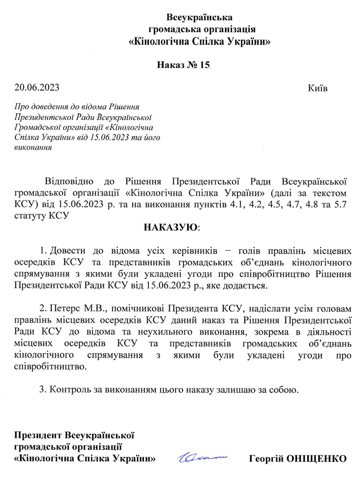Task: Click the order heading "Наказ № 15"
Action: (183, 65)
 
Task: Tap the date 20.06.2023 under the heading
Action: (36, 87)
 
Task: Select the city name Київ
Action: (318, 87)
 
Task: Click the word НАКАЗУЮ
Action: (171, 227)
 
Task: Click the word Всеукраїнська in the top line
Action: (199, 18)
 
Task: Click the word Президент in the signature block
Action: (39, 435)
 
